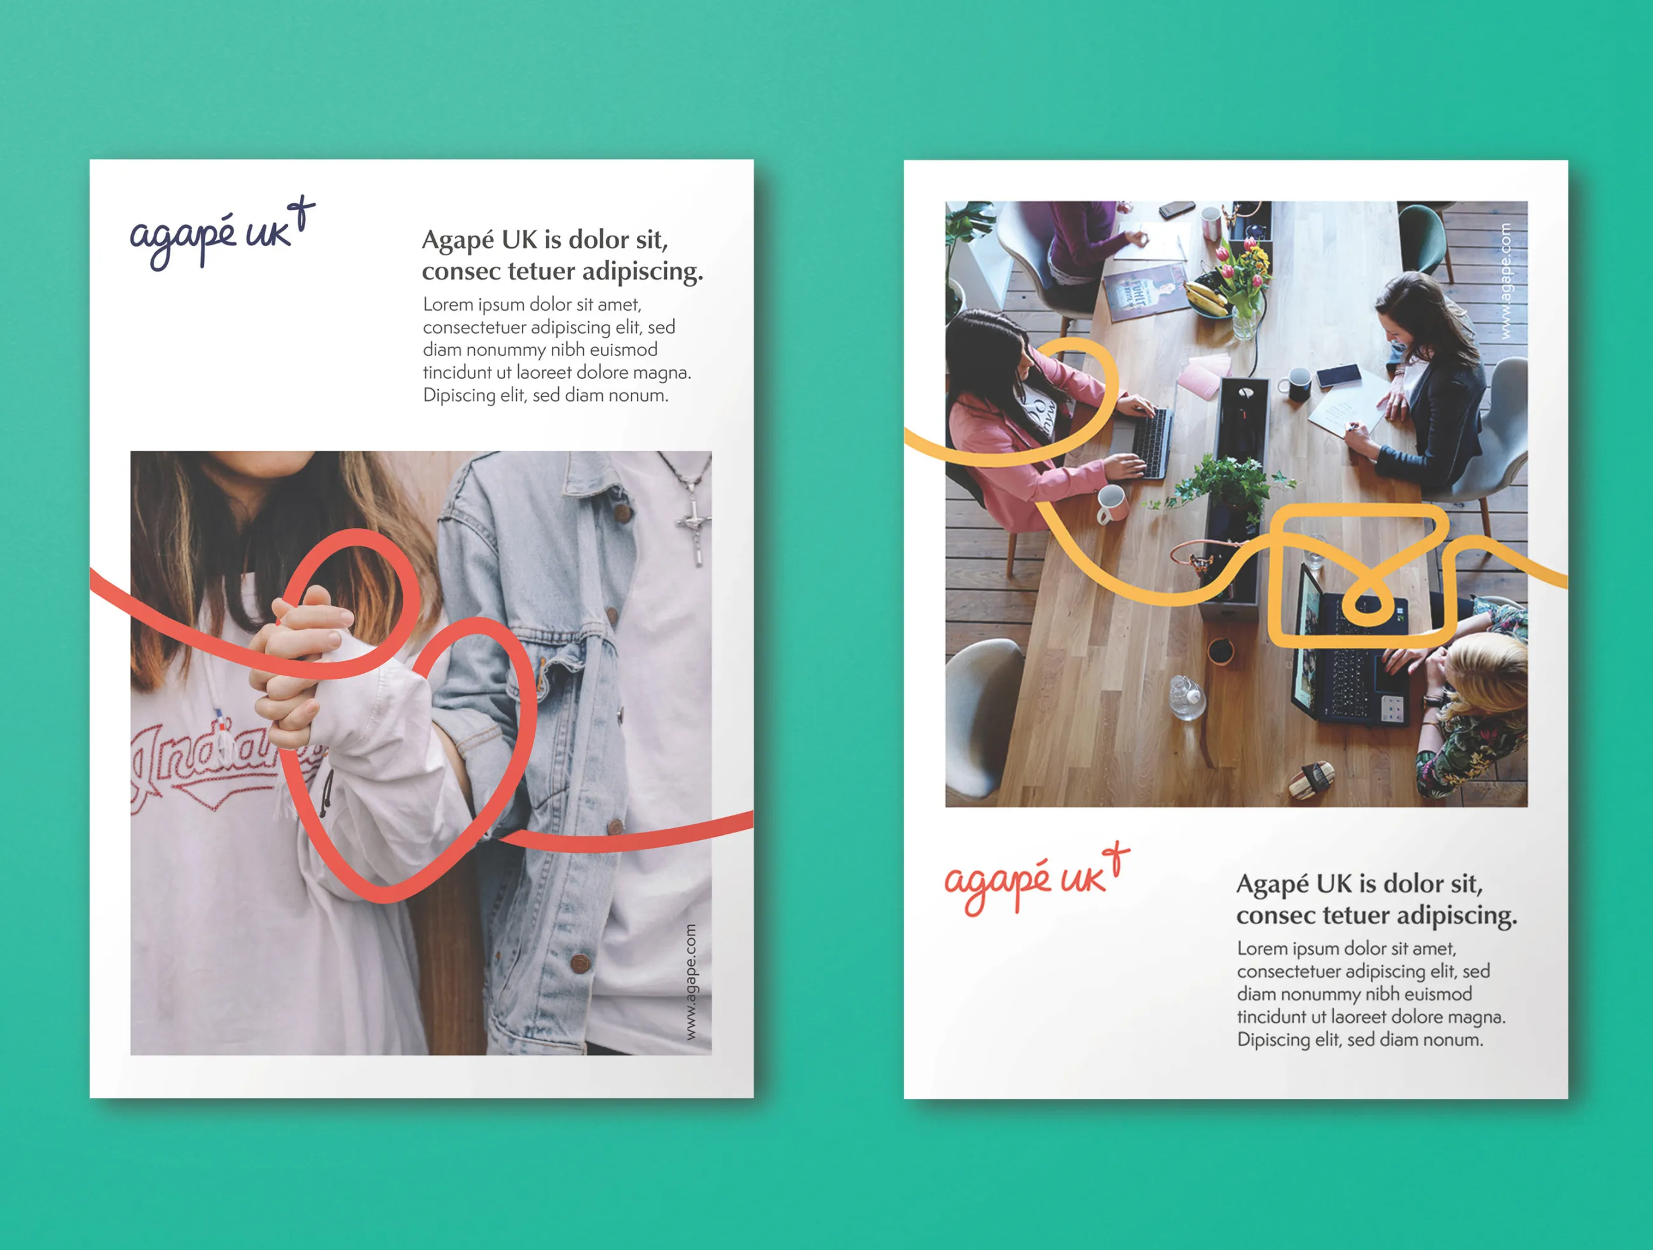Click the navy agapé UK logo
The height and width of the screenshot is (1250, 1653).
[x=221, y=234]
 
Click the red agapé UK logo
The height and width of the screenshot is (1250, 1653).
[x=1036, y=880]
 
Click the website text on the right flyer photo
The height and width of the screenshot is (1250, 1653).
[x=1505, y=281]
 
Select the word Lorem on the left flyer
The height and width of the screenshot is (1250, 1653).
[x=448, y=305]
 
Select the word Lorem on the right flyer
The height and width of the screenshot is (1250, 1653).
[x=1262, y=949]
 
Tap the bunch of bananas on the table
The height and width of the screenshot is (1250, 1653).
[x=1205, y=295]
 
